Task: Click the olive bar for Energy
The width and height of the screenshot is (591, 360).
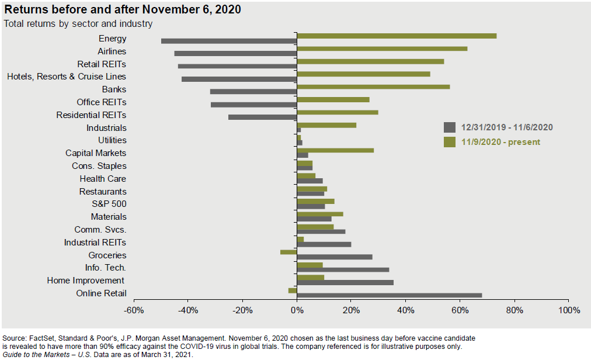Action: click(397, 36)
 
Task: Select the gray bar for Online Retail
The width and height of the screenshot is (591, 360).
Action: click(390, 295)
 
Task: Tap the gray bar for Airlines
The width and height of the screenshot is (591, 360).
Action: click(235, 54)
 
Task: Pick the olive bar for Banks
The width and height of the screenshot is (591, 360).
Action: click(373, 86)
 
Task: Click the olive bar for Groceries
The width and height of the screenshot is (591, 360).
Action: click(288, 252)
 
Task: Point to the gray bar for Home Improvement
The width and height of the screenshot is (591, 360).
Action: click(345, 282)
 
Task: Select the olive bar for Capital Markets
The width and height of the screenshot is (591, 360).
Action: click(335, 150)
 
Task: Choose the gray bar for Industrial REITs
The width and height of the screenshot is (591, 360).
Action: click(324, 244)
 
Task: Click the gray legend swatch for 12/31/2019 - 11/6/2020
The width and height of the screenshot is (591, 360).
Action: click(449, 127)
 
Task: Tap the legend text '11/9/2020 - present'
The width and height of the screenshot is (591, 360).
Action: click(500, 142)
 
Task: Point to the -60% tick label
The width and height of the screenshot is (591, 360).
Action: click(134, 310)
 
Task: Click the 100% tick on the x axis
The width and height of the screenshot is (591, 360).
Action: click(568, 310)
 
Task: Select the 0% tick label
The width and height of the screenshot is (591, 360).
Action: click(297, 310)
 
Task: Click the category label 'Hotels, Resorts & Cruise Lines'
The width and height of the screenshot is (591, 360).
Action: click(66, 77)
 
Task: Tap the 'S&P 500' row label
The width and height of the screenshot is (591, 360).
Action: click(109, 204)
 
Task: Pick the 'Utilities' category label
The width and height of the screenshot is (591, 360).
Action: click(112, 140)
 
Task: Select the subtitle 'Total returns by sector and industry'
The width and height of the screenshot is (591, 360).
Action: click(78, 24)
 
